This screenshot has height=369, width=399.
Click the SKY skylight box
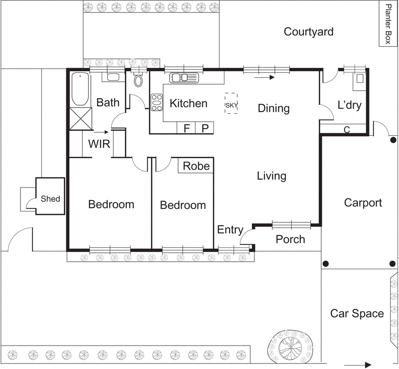231,104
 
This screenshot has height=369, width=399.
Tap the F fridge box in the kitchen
187,128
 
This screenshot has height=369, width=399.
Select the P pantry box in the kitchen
204,128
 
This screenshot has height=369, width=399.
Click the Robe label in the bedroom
196,166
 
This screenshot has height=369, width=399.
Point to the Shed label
50,198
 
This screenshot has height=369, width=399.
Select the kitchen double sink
184,77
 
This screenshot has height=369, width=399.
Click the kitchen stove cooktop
157,103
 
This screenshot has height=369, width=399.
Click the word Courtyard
308,32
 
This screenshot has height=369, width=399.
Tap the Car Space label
357,313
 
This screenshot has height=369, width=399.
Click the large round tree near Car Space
289,345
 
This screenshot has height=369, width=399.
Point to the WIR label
99,144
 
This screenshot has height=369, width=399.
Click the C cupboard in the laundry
347,129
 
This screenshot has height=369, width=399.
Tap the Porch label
290,239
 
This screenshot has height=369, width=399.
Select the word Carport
363,202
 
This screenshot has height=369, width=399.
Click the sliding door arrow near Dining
264,77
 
